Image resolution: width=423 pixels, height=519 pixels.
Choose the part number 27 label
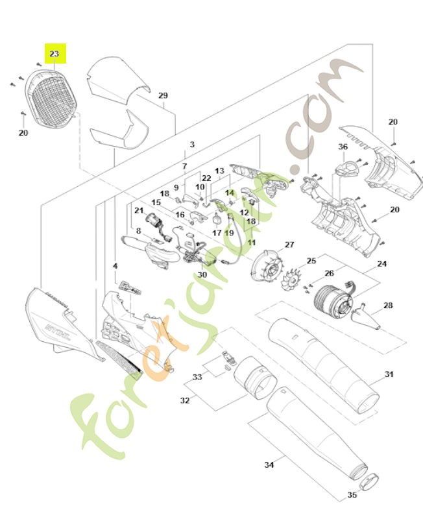[x=289, y=245]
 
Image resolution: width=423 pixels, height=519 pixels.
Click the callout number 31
[x=389, y=374]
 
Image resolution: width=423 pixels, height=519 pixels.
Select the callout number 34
[x=269, y=465]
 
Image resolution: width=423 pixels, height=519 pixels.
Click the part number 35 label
[x=352, y=496]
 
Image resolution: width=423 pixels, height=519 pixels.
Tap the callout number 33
[x=197, y=376]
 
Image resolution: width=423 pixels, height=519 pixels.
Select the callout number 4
[x=115, y=266]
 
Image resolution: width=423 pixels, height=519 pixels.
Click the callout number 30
[x=202, y=274]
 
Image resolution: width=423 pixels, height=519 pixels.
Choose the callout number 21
[x=139, y=210]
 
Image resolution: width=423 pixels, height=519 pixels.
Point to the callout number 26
[x=329, y=272]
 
